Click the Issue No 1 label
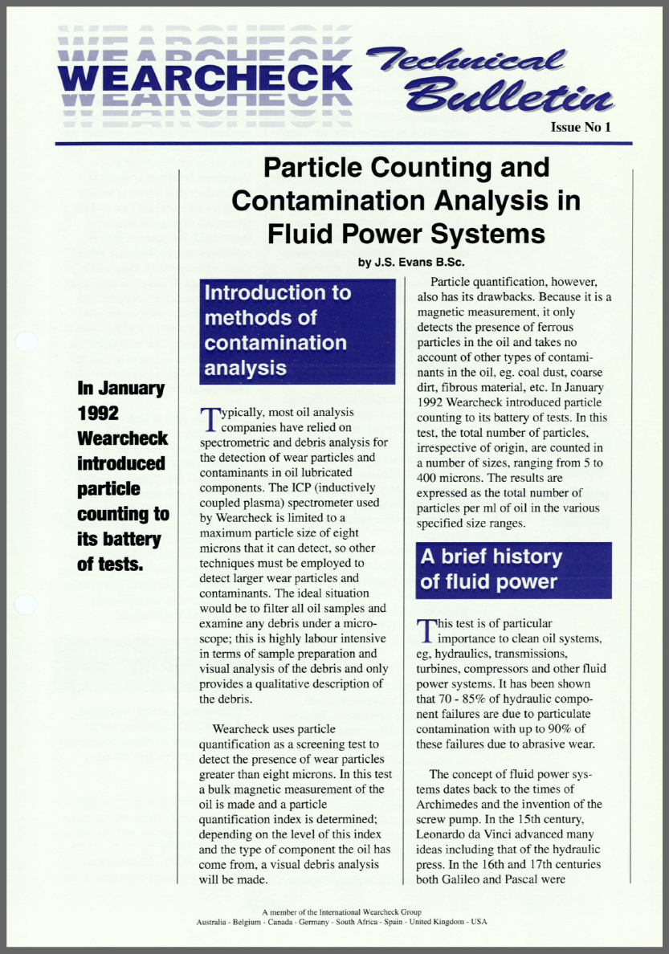(x=581, y=128)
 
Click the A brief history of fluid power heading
(x=513, y=569)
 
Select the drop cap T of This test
(x=424, y=631)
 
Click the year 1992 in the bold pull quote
(x=98, y=414)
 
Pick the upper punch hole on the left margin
(x=27, y=341)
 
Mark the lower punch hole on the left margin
(x=27, y=604)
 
